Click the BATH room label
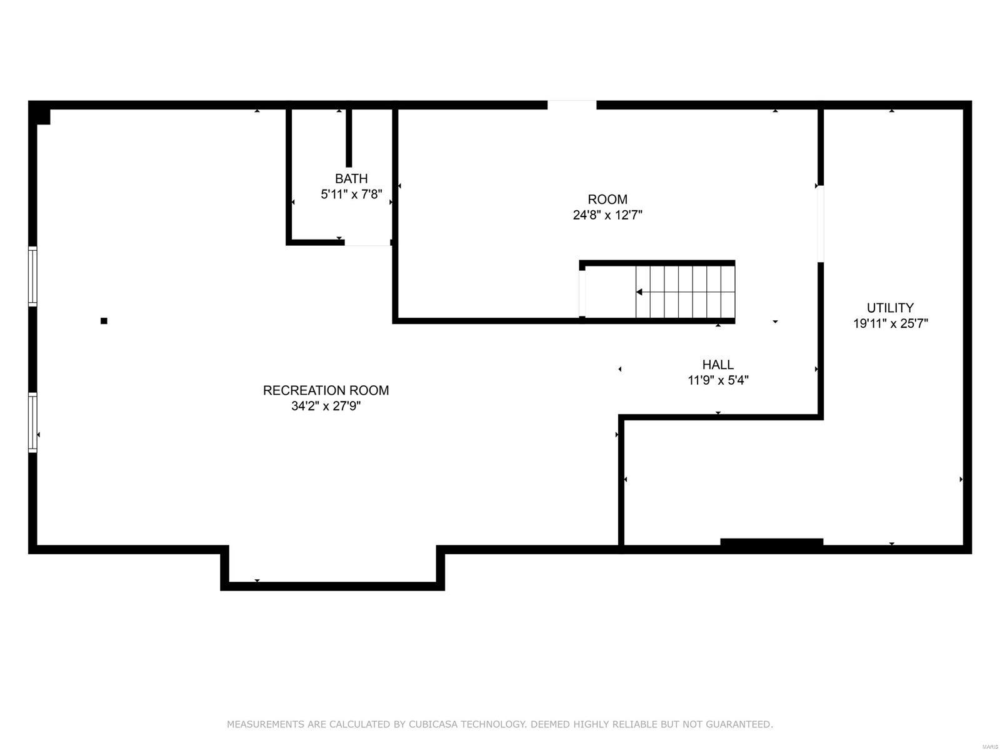pyautogui.click(x=351, y=179)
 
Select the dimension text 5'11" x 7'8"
pyautogui.click(x=351, y=195)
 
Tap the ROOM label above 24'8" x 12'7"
pyautogui.click(x=607, y=200)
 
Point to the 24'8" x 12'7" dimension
pyautogui.click(x=607, y=215)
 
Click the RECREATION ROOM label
pyautogui.click(x=326, y=390)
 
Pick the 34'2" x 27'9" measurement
pyautogui.click(x=326, y=406)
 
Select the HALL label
pyautogui.click(x=717, y=365)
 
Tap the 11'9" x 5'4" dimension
pyautogui.click(x=717, y=380)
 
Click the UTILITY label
pyautogui.click(x=890, y=308)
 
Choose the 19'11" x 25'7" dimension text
pyautogui.click(x=890, y=324)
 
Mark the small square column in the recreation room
pyautogui.click(x=104, y=321)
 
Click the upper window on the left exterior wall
pyautogui.click(x=32, y=276)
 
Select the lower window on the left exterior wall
pyautogui.click(x=32, y=422)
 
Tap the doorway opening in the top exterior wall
pyautogui.click(x=572, y=105)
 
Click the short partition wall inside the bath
pyautogui.click(x=349, y=138)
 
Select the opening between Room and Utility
pyautogui.click(x=820, y=223)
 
